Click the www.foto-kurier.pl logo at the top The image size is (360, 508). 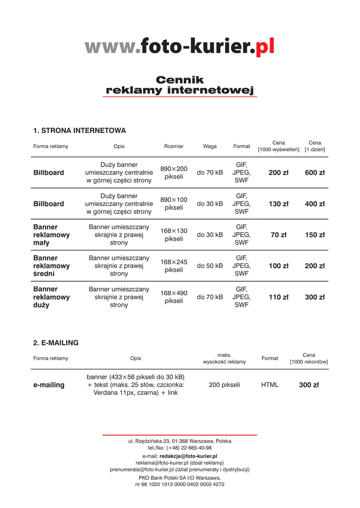[x=179, y=47]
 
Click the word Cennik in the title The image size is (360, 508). [x=180, y=80]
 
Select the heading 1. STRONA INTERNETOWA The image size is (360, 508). [x=79, y=130]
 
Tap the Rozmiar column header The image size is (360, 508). [x=174, y=146]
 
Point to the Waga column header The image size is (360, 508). [x=210, y=146]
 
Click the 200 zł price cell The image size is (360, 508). [x=278, y=173]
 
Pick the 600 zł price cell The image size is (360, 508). [x=315, y=173]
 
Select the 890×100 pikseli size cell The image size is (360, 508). [x=174, y=203]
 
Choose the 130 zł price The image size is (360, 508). [x=278, y=204]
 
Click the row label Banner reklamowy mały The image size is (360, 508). [x=51, y=235]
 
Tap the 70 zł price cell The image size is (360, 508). [x=278, y=235]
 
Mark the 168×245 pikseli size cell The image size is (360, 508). [x=174, y=266]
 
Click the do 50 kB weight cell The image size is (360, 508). [x=210, y=266]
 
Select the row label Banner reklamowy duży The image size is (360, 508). [x=51, y=297]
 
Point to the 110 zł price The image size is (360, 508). [x=278, y=297]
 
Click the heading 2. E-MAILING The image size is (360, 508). [x=56, y=343]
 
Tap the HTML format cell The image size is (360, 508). [x=270, y=385]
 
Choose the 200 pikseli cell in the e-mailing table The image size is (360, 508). [x=224, y=385]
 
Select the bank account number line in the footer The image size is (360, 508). [x=180, y=484]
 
